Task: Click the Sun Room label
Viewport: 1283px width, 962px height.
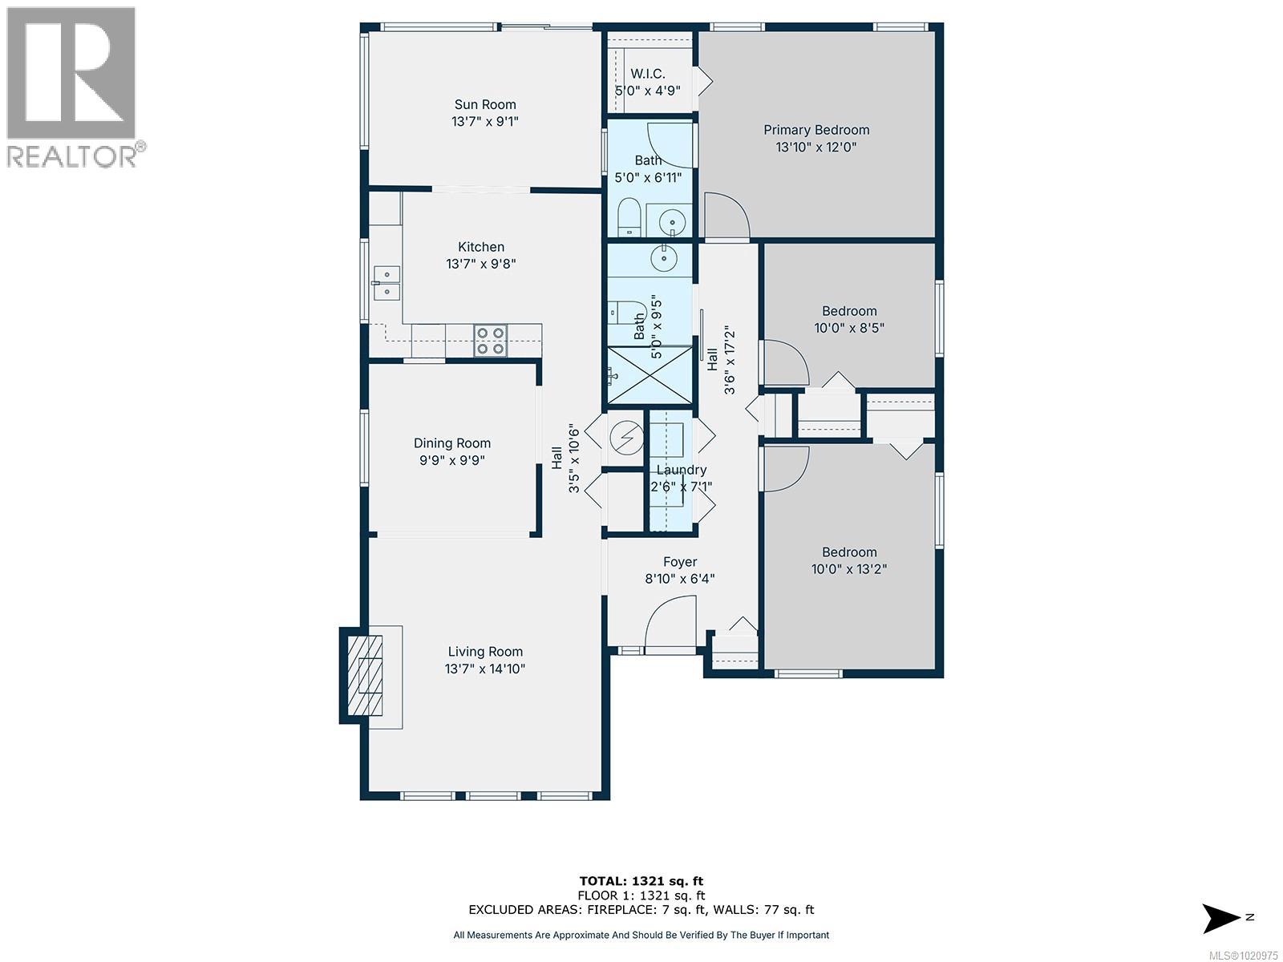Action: (484, 104)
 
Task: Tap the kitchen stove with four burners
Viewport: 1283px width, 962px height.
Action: (490, 340)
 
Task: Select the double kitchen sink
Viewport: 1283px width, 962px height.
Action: (387, 282)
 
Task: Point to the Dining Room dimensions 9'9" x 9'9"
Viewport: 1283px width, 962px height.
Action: (451, 460)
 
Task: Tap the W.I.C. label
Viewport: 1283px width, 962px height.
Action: (647, 74)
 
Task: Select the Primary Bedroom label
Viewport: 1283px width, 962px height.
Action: (816, 130)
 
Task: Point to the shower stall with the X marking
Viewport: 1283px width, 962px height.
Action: (650, 374)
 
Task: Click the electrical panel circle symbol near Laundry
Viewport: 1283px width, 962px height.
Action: (625, 437)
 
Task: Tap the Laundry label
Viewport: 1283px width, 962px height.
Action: (681, 470)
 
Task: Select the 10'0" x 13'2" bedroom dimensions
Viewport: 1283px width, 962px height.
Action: (848, 569)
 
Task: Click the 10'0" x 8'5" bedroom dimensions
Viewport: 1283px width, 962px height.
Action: (848, 328)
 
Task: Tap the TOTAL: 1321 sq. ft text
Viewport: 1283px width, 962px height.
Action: (641, 881)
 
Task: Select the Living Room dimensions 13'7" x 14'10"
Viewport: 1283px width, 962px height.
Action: (484, 669)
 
